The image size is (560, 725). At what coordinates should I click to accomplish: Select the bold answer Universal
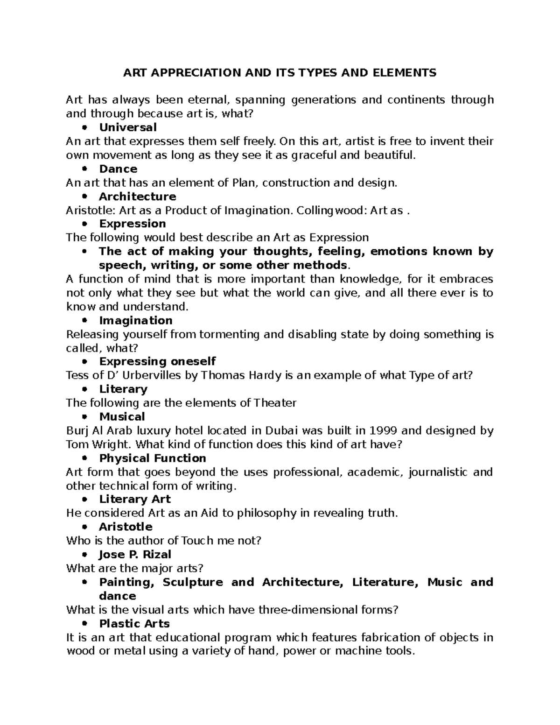(127, 127)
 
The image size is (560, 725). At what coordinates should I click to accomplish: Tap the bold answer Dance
(118, 169)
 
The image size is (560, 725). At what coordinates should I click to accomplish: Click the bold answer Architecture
(137, 197)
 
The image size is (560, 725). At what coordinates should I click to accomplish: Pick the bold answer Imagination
(135, 321)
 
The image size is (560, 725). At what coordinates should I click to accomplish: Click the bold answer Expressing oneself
(157, 362)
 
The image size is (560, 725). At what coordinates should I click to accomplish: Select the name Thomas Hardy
(232, 375)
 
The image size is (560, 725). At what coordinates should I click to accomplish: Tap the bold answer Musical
(122, 417)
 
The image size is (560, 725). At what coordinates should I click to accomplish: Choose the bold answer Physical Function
(153, 458)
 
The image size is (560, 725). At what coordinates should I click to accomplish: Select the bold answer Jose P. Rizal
(135, 555)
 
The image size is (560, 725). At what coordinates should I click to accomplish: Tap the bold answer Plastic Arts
(134, 624)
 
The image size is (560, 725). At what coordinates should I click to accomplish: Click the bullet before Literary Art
(84, 500)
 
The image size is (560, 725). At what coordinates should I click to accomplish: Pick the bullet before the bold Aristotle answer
(84, 528)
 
